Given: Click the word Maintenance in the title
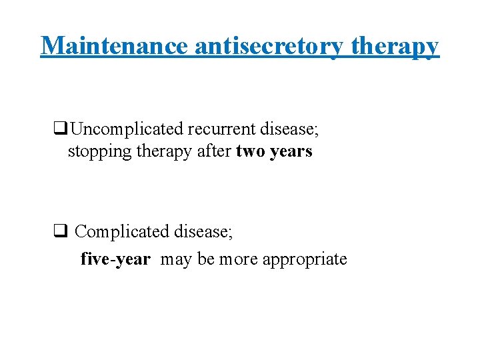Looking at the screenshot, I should click(115, 46).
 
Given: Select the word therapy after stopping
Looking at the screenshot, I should click(164, 151).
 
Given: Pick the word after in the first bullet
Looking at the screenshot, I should click(215, 151).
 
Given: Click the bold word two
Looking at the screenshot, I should click(251, 151).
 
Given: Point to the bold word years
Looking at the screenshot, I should click(290, 151).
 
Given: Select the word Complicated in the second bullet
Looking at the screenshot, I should click(122, 232).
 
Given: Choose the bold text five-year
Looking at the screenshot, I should click(115, 259).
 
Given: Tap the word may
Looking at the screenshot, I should click(176, 259).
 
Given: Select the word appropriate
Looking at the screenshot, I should click(305, 259).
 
